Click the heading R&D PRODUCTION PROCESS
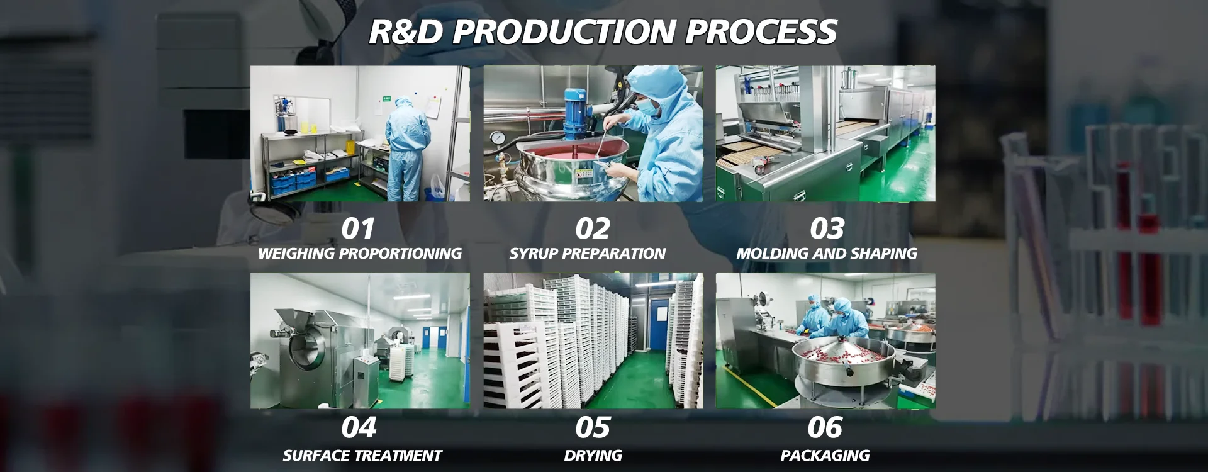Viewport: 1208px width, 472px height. point(603,31)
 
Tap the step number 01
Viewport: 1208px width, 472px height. point(358,228)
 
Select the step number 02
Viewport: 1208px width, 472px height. point(593,228)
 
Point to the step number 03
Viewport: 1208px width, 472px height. point(827,228)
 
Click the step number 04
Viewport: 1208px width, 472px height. point(359,428)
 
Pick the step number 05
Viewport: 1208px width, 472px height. point(593,428)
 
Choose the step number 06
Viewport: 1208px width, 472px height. point(825,428)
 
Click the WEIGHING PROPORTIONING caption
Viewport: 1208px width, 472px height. point(360,254)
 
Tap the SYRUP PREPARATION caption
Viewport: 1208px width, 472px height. point(588,254)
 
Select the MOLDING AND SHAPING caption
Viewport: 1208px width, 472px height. point(827,254)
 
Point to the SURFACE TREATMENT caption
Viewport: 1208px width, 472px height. point(362,456)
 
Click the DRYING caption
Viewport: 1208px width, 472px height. point(593,456)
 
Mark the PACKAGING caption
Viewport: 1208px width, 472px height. point(825,456)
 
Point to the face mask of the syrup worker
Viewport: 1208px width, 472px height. point(651,109)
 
